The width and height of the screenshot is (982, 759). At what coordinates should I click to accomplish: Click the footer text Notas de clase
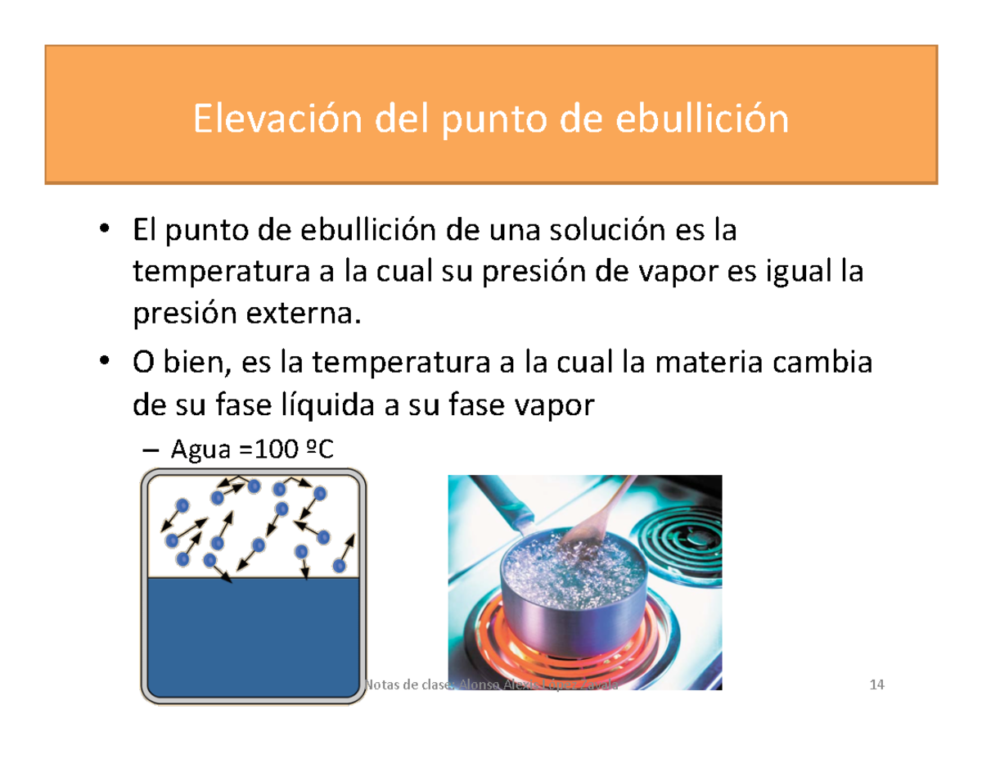tap(401, 684)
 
